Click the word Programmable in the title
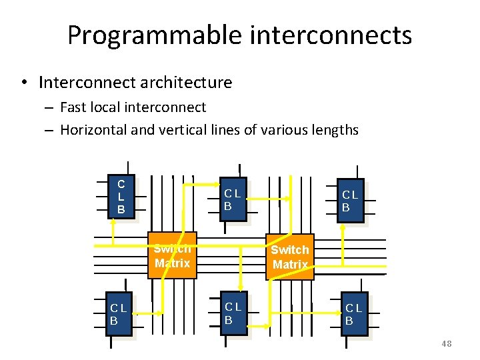(x=156, y=35)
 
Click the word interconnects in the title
(x=331, y=35)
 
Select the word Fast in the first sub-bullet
(x=74, y=107)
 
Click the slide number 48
(x=446, y=343)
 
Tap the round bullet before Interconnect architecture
(x=23, y=83)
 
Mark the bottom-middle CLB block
(x=233, y=313)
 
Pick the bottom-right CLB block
(x=353, y=314)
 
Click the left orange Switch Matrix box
(x=171, y=255)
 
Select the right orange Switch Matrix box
(x=289, y=257)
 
